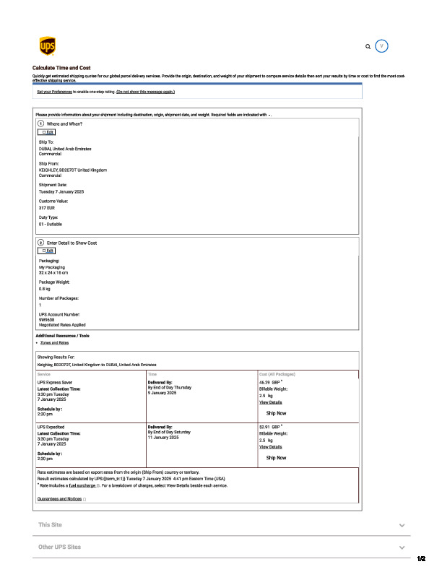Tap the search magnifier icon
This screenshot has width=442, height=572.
click(368, 46)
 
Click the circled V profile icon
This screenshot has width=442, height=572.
click(383, 45)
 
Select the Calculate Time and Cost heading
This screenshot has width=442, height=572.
click(61, 68)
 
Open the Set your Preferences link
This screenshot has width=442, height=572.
click(54, 92)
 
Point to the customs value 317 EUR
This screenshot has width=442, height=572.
click(47, 207)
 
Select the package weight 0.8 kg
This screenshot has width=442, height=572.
click(45, 288)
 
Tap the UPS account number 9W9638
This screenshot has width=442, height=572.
click(48, 319)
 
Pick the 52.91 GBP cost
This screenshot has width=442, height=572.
click(269, 427)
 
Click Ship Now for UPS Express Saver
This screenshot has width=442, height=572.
click(276, 413)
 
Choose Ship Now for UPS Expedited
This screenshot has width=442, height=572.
click(276, 458)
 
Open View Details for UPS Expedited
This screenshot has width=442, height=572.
click(271, 447)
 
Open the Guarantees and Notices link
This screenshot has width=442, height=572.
click(59, 499)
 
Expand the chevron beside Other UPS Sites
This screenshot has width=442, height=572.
click(402, 547)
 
